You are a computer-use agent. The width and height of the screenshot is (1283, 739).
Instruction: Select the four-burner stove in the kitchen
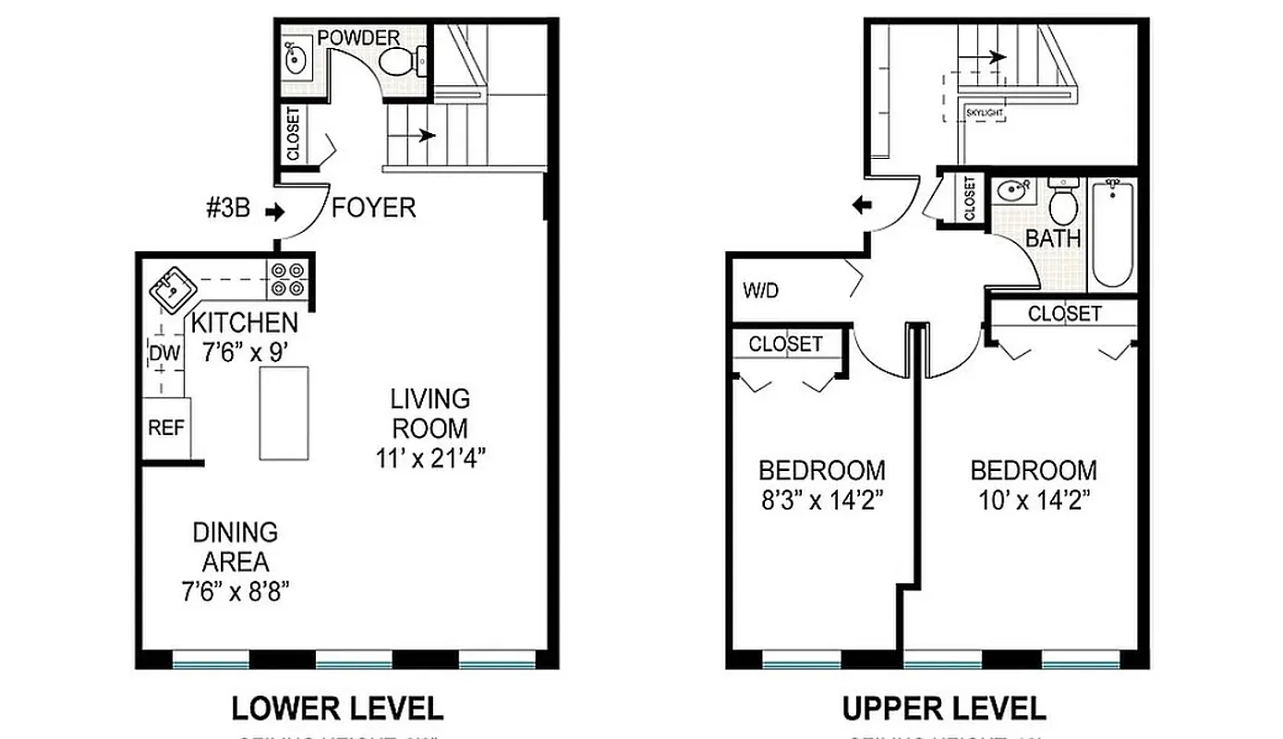(287, 279)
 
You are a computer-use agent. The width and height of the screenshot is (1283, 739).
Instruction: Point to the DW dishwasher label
(163, 353)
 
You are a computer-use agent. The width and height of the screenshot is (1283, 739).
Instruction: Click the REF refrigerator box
(166, 428)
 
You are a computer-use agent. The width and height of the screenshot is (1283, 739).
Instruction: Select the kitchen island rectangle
(284, 413)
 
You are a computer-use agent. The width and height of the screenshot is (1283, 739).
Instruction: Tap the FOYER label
(373, 208)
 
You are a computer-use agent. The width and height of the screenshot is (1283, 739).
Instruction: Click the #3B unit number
(228, 209)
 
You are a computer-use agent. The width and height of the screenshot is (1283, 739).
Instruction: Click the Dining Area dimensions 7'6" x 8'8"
(236, 591)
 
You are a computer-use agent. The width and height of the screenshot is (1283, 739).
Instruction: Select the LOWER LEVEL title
(337, 709)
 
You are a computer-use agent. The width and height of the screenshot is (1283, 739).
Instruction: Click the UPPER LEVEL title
(944, 709)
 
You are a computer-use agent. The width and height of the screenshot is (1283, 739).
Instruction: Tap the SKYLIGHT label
(984, 113)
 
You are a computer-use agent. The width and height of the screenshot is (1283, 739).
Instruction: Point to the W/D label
(761, 291)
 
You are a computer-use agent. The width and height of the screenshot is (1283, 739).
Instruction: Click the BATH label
(1053, 238)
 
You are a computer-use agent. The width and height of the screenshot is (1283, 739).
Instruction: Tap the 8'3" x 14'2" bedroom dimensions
(821, 500)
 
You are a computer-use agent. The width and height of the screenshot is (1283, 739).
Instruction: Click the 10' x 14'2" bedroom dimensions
(1033, 500)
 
